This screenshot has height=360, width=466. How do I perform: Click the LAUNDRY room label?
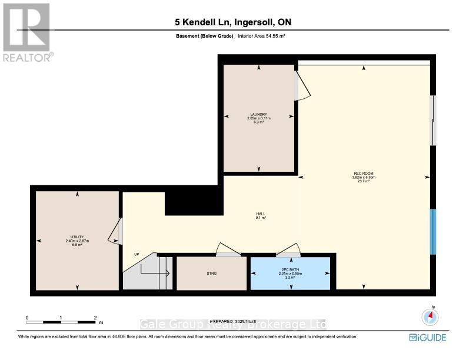tap(258, 114)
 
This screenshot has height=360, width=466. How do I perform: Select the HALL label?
tap(261, 214)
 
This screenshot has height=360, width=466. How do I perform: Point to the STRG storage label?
tap(212, 274)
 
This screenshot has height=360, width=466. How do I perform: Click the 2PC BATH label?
tap(291, 269)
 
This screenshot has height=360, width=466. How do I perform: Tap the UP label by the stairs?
tap(136, 254)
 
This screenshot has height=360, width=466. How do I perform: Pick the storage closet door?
tap(228, 249)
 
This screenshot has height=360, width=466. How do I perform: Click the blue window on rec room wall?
tap(433, 232)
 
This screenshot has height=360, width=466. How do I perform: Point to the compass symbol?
tap(431, 316)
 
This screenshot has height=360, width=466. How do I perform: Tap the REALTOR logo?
tap(26, 32)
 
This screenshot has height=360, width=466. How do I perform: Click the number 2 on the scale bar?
tap(95, 318)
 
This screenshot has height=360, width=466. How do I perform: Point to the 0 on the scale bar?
tap(26, 318)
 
